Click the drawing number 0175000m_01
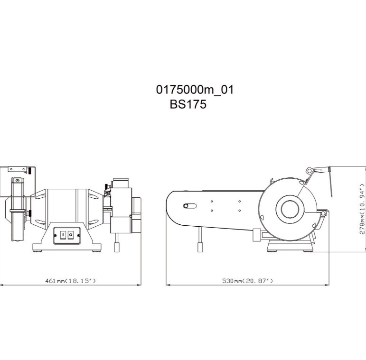pyautogui.click(x=195, y=90)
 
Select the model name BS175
pyautogui.click(x=188, y=104)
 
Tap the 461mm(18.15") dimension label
pyautogui.click(x=70, y=281)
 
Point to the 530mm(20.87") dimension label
pyautogui.click(x=247, y=281)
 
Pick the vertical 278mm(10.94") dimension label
pyautogui.click(x=362, y=209)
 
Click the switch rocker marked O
pyautogui.click(x=70, y=235)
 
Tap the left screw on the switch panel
pyautogui.click(x=56, y=236)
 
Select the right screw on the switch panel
pyautogui.click(x=78, y=236)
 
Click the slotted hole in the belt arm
pyautogui.click(x=190, y=206)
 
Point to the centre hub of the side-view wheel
pyautogui.click(x=290, y=209)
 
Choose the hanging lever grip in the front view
pyautogui.click(x=117, y=247)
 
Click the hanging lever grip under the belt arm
pyautogui.click(x=200, y=247)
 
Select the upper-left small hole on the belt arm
pyautogui.click(x=212, y=201)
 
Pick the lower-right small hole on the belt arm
pyautogui.click(x=240, y=211)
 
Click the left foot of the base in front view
pyautogui.click(x=38, y=251)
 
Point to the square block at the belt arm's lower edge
pyautogui.click(x=257, y=235)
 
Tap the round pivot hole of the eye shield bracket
pyautogui.click(x=310, y=171)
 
